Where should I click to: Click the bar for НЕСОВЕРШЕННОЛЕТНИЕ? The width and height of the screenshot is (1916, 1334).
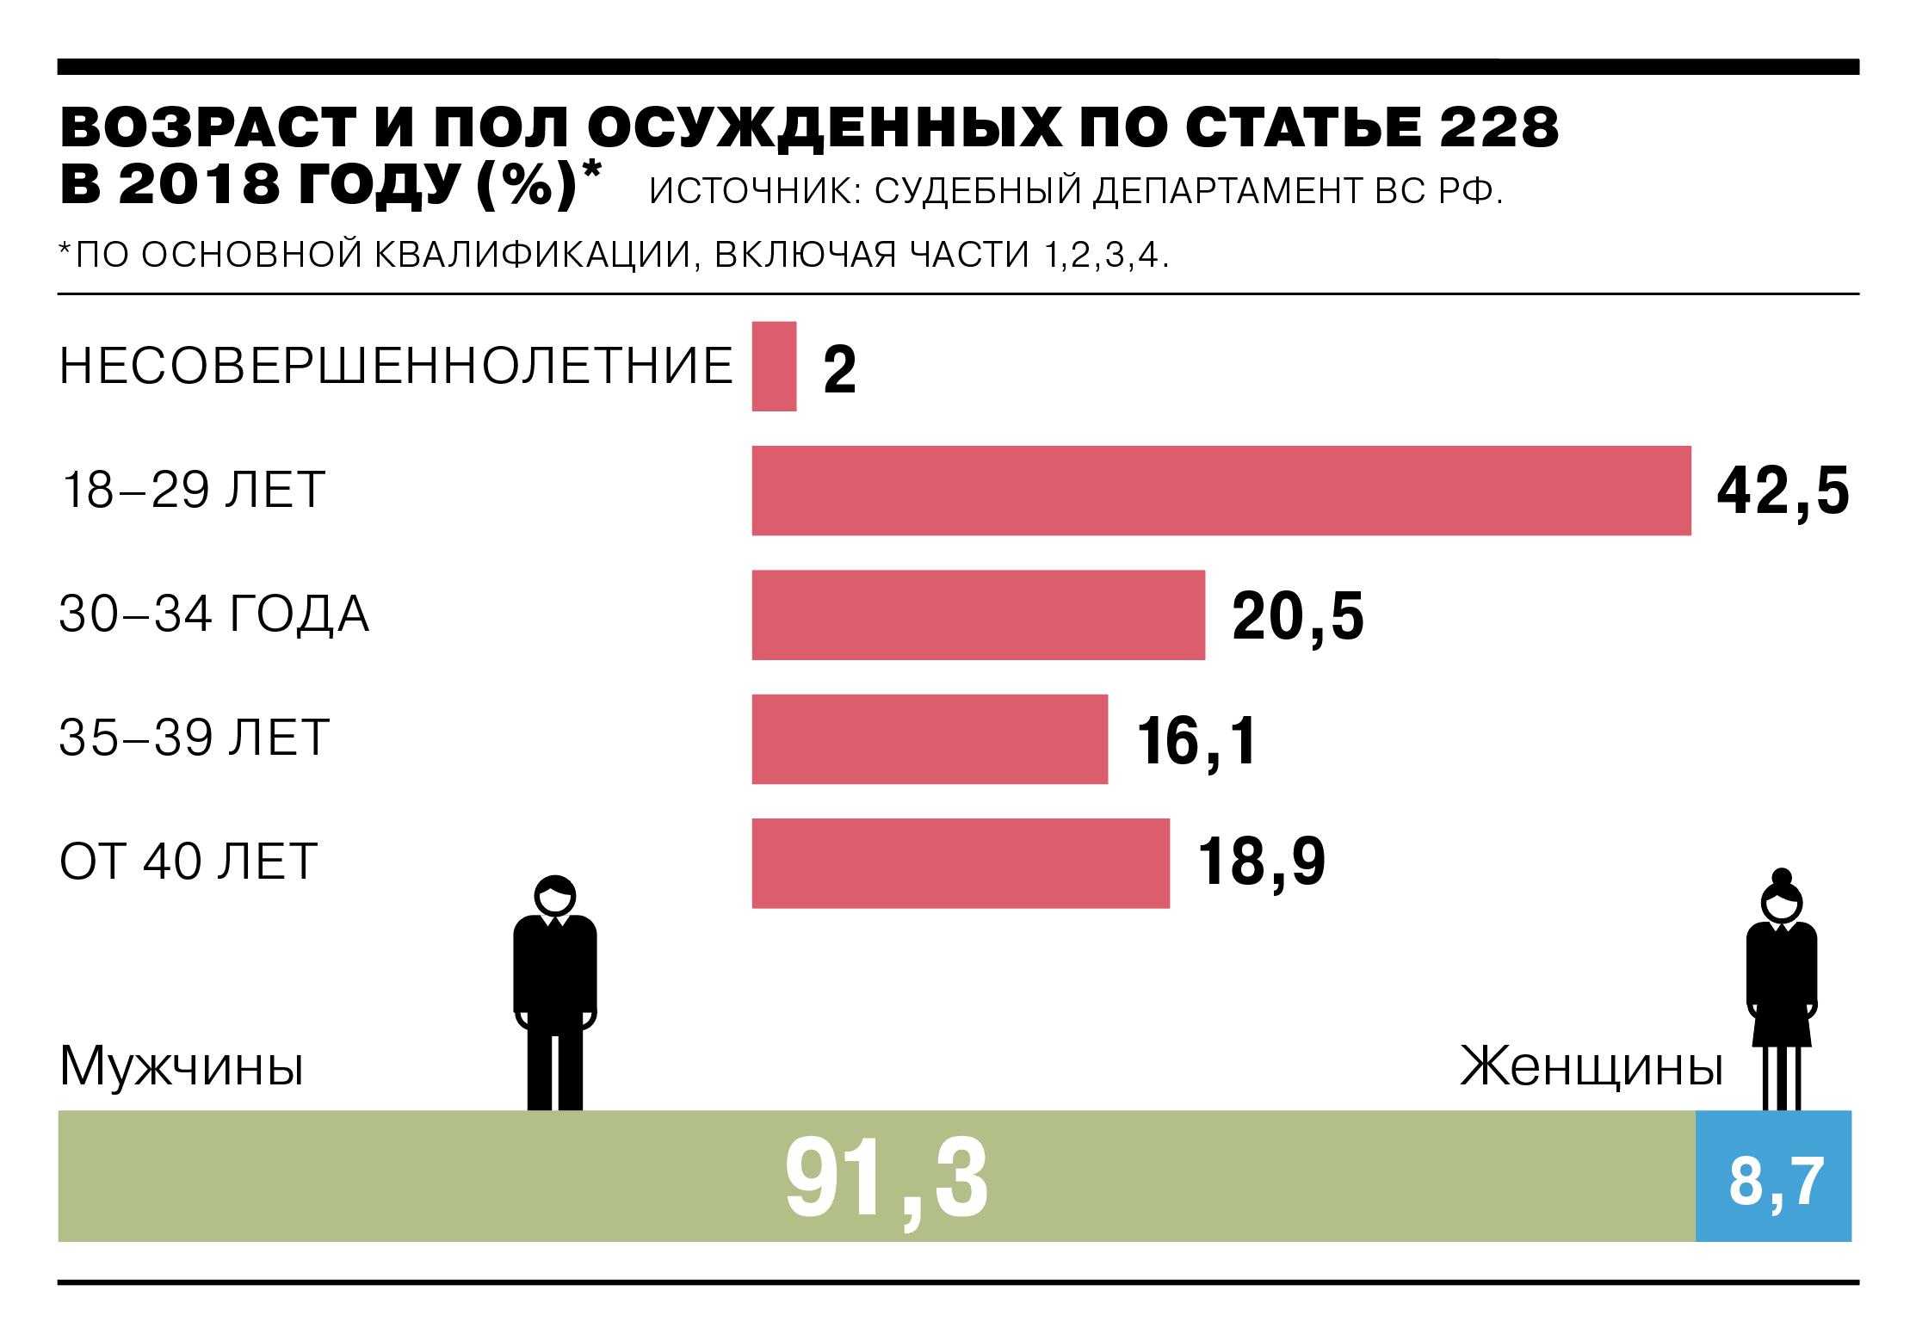[774, 367]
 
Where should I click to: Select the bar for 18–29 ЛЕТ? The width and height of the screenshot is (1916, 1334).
[1221, 491]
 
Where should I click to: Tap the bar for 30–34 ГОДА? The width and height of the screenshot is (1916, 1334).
[978, 615]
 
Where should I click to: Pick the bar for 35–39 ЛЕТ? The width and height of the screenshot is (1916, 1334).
[930, 739]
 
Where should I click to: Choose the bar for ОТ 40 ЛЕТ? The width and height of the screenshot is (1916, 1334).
[961, 863]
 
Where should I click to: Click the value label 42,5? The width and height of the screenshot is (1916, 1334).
[1783, 492]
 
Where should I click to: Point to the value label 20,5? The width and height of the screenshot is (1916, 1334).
[1298, 617]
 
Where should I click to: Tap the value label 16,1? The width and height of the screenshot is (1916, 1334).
[1196, 741]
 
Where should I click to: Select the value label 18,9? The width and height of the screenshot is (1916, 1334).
[1261, 864]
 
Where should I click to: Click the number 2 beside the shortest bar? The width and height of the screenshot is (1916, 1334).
[839, 370]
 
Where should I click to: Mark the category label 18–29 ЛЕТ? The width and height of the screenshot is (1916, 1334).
[191, 491]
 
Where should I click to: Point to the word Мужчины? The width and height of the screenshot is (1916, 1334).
[181, 1067]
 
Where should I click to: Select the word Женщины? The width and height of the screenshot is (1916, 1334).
[1592, 1067]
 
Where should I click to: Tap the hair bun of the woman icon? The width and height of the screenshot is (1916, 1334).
[1781, 879]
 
